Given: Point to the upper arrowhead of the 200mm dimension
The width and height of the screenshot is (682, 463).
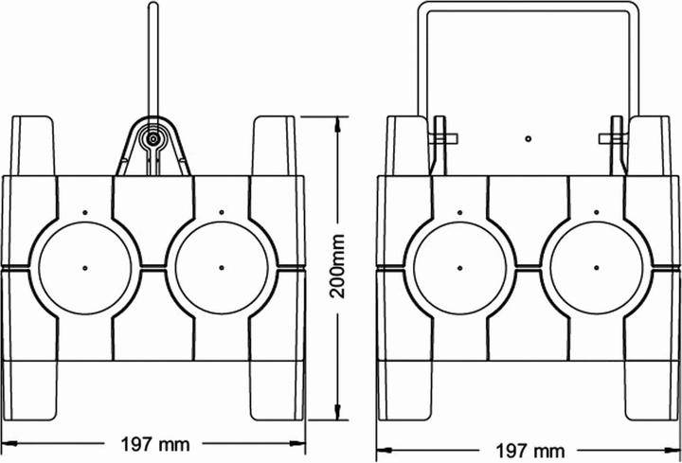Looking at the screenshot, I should [x=340, y=121].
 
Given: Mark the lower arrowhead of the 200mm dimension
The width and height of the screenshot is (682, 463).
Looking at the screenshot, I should [x=340, y=418].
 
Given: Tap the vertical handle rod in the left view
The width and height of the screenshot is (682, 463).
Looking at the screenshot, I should [x=152, y=57].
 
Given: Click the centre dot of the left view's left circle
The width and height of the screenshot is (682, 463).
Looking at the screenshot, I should [x=84, y=266].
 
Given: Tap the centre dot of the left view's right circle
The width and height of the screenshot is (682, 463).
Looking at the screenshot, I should [x=221, y=266].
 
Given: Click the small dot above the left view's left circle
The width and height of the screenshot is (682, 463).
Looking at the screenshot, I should [x=84, y=212].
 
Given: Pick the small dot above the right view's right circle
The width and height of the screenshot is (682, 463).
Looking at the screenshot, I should [x=596, y=212].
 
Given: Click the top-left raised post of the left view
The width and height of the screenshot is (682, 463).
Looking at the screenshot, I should [x=33, y=147].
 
